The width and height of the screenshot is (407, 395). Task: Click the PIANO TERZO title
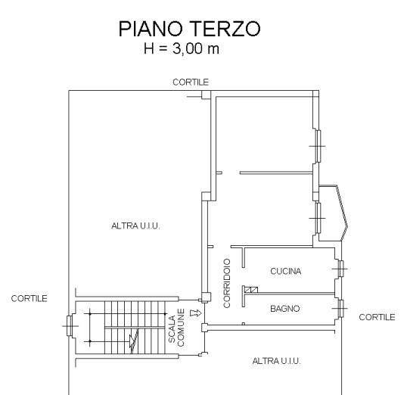pyautogui.click(x=189, y=29)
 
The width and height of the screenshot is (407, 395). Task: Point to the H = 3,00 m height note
pyautogui.click(x=182, y=48)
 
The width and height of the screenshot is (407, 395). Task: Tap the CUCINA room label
pyautogui.click(x=285, y=271)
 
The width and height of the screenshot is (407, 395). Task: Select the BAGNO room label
pyautogui.click(x=285, y=309)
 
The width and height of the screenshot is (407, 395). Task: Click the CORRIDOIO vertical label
pyautogui.click(x=227, y=283)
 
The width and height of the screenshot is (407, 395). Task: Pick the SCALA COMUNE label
pyautogui.click(x=176, y=328)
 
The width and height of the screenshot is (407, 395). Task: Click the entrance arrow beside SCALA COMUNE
pyautogui.click(x=196, y=313)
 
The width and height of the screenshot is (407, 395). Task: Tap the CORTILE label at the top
pyautogui.click(x=191, y=82)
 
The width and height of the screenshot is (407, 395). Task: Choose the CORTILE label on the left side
pyautogui.click(x=29, y=298)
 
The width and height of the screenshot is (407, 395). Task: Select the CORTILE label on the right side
pyautogui.click(x=377, y=317)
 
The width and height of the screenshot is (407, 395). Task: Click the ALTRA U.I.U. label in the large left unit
pyautogui.click(x=135, y=225)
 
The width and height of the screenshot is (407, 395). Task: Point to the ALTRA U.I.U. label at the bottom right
pyautogui.click(x=276, y=361)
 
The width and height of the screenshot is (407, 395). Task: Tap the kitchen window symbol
pyautogui.click(x=340, y=269)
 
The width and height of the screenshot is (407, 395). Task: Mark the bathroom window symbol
pyautogui.click(x=340, y=309)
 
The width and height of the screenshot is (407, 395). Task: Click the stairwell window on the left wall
pyautogui.click(x=70, y=325)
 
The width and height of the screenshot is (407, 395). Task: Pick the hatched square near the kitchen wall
pyautogui.click(x=251, y=290)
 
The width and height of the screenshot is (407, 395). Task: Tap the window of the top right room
pyautogui.click(x=317, y=146)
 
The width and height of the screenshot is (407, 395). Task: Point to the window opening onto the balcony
pyautogui.click(x=317, y=218)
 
